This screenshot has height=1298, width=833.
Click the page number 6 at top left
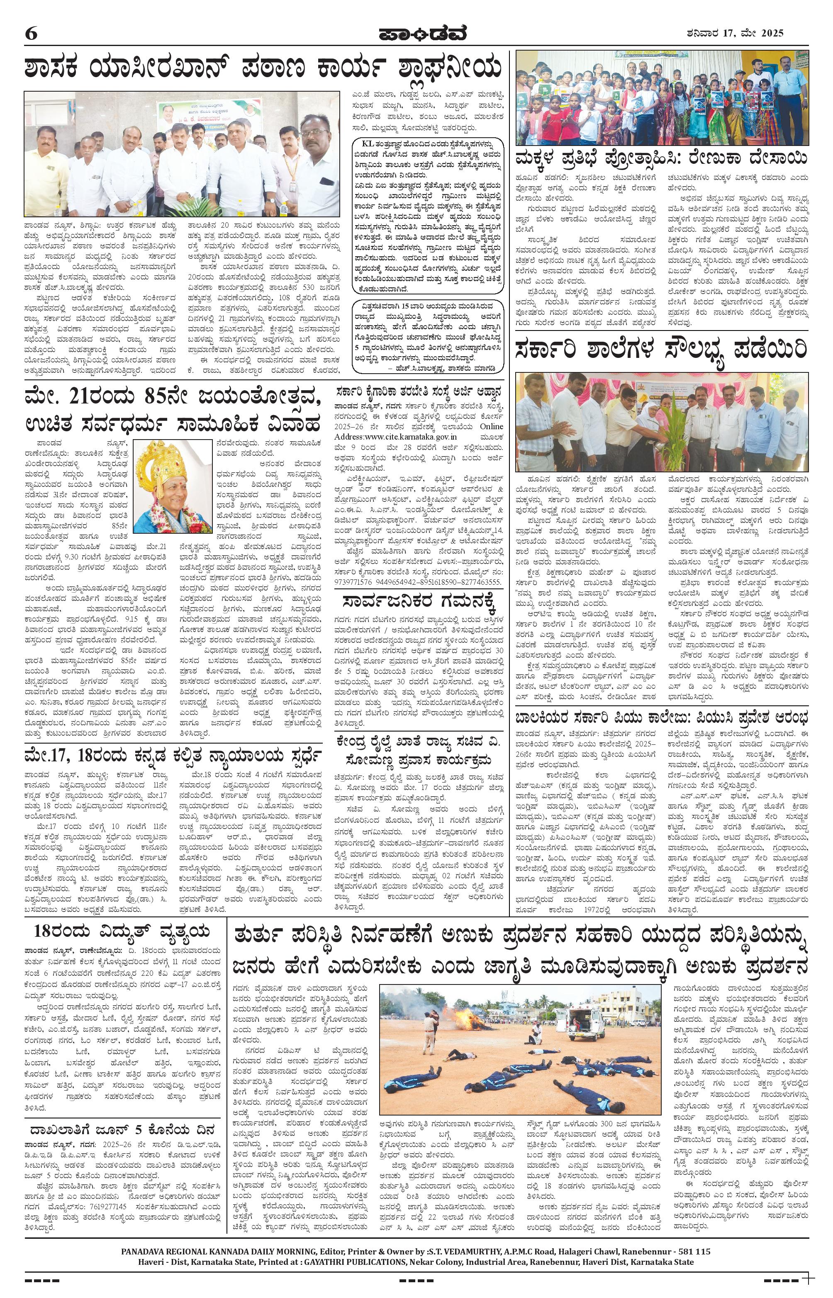[31, 34]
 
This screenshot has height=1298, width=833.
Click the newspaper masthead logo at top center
[416, 34]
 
